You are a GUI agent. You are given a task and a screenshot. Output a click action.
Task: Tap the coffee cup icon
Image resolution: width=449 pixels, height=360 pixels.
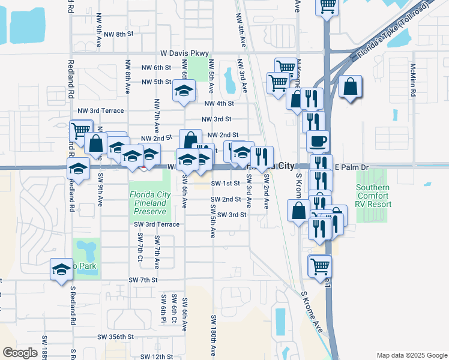pos(318,142)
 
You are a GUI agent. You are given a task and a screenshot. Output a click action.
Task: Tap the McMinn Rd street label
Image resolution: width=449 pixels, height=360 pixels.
pos(413,77)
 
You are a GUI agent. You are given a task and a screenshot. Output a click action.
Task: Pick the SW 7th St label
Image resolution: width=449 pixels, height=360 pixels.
pos(143,280)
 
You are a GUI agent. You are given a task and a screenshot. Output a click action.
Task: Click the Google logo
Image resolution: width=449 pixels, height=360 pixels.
pos(20,353)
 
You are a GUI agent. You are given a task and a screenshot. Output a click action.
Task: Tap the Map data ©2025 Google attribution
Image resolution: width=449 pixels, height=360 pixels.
pos(411,355)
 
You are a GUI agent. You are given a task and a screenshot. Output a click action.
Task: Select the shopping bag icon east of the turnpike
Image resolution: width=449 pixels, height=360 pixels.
pos(350,88)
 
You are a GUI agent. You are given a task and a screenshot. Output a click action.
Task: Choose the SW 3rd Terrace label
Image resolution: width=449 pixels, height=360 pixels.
pos(157,224)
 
